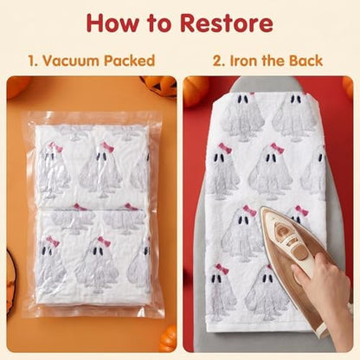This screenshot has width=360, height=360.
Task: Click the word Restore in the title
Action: pos(227,22)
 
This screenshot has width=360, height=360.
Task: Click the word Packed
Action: pos(130,61)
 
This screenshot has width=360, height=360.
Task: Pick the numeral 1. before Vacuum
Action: pos(33,61)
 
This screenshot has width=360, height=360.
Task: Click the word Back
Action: pos(305,61)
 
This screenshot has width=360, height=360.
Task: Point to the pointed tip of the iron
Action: pos(262,209)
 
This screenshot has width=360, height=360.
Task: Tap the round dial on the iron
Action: pos(280,230)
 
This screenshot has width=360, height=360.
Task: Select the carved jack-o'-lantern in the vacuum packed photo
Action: pos(159,86)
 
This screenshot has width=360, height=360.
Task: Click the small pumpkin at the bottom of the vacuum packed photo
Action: pos(168,338)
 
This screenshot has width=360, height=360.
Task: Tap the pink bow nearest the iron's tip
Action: pos(249,211)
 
